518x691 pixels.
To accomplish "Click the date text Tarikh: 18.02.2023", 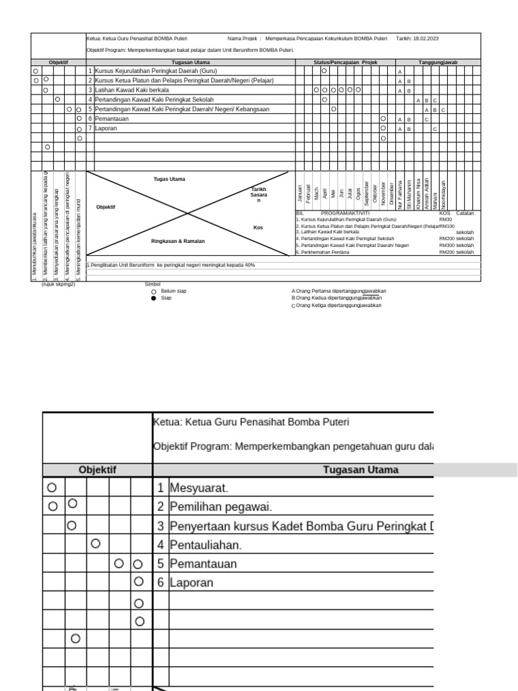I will click(417, 38).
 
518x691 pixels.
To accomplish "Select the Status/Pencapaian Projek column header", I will click(345, 62).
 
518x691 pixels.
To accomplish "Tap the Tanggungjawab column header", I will click(438, 62).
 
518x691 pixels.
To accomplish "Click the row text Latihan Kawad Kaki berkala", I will click(132, 90).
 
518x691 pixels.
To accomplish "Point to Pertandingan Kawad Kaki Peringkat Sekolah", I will click(150, 99).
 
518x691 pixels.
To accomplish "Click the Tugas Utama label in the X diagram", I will click(169, 179).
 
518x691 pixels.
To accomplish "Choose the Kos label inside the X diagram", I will click(258, 227).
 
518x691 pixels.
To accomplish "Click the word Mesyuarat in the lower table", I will click(199, 487).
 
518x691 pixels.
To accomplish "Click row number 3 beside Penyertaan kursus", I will click(161, 525).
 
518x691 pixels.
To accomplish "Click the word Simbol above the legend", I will click(152, 284).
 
